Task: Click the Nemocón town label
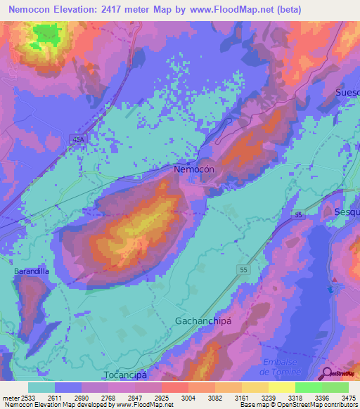(193, 170)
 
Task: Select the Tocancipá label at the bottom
(129, 375)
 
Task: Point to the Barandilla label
(32, 271)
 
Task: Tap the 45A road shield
(77, 141)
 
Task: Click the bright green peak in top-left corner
(45, 33)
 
